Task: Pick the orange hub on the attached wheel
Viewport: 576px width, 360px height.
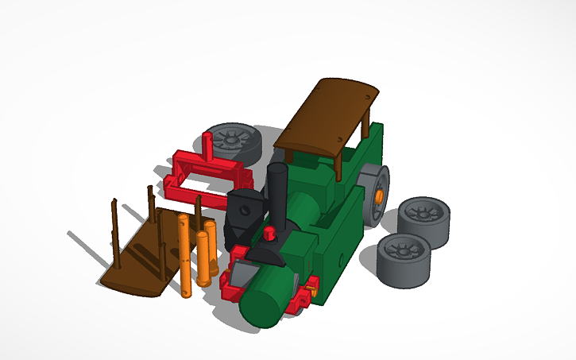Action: click(379, 195)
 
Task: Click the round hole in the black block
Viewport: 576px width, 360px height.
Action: click(245, 211)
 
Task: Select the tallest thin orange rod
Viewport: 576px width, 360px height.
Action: click(185, 254)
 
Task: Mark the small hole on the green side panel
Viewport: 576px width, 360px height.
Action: click(340, 259)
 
